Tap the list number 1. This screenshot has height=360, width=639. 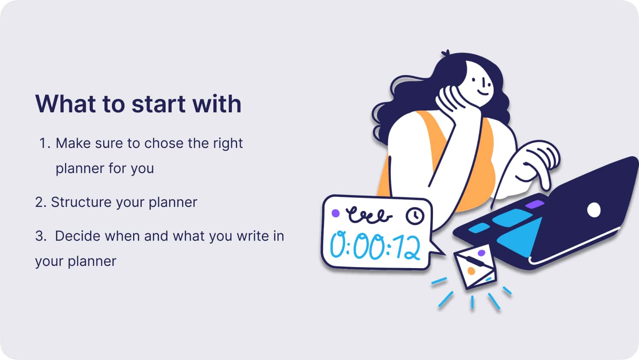(45, 143)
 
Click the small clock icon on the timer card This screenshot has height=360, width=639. (415, 216)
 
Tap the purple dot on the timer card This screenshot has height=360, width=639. (336, 213)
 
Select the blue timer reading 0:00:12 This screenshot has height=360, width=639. (375, 246)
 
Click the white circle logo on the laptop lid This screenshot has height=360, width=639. (593, 210)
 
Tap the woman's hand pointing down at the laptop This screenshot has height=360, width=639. (536, 164)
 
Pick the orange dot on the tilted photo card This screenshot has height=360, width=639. (471, 271)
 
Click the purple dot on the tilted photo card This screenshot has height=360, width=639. (482, 253)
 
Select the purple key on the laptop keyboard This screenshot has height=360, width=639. (535, 204)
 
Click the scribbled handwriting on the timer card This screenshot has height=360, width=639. (368, 215)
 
